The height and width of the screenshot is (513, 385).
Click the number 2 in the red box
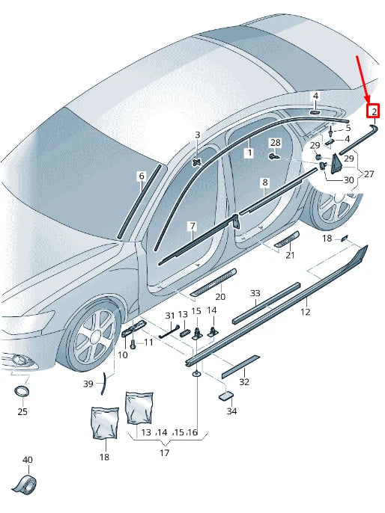pyautogui.click(x=373, y=112)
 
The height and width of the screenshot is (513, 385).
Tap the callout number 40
pyautogui.click(x=27, y=460)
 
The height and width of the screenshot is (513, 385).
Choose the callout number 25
pyautogui.click(x=22, y=411)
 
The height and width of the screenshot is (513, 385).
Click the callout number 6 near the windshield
pyautogui.click(x=141, y=176)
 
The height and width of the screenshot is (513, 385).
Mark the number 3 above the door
pyautogui.click(x=198, y=135)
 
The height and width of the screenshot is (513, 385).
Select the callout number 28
pyautogui.click(x=276, y=142)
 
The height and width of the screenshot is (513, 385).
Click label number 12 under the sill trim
pyautogui.click(x=305, y=312)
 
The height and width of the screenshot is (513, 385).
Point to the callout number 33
pyautogui.click(x=255, y=293)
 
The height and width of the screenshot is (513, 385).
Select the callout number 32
pyautogui.click(x=243, y=381)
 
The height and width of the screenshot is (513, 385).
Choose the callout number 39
pyautogui.click(x=88, y=384)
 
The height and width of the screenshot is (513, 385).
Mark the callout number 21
pyautogui.click(x=290, y=255)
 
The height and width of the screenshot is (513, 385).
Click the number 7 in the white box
pyautogui.click(x=192, y=226)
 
